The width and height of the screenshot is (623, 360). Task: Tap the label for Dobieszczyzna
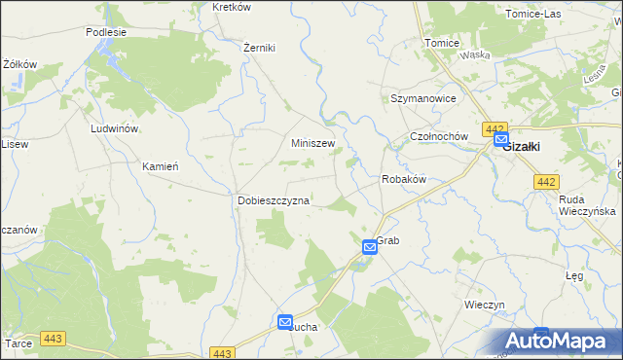pyautogui.click(x=274, y=200)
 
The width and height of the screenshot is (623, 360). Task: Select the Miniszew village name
pyautogui.click(x=313, y=143)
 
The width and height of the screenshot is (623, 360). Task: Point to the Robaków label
pyautogui.click(x=403, y=180)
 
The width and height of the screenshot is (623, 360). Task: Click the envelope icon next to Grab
pyautogui.click(x=370, y=247)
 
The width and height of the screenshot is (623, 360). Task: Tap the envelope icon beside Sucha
pyautogui.click(x=285, y=322)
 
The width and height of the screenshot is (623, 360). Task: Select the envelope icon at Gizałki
pyautogui.click(x=500, y=140)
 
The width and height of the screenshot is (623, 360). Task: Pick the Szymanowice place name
pyautogui.click(x=423, y=99)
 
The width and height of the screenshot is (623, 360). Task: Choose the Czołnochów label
pyautogui.click(x=440, y=137)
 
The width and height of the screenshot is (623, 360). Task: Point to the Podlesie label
pyautogui.click(x=106, y=31)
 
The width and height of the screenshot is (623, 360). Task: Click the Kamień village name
pyautogui.click(x=161, y=165)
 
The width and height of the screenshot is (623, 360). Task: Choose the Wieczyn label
pyautogui.click(x=484, y=305)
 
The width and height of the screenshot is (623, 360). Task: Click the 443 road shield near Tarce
pyautogui.click(x=52, y=340)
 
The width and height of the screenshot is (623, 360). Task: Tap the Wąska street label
pyautogui.click(x=475, y=55)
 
